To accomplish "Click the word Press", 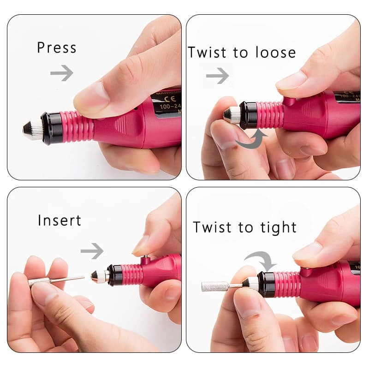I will pos(56,48).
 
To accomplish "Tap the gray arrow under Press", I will pos(62,73).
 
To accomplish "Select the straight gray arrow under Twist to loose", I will pos(217,76).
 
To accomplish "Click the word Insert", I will pos(60,220).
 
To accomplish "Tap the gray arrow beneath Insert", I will pos(92,251).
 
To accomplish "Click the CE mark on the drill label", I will pos(163,100).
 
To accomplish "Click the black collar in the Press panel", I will pos(51,126).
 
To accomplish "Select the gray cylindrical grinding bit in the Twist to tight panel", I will pos(215,286).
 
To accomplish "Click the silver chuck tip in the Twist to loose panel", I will pos(231,115).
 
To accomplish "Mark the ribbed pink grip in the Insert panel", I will pos(134,275).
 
